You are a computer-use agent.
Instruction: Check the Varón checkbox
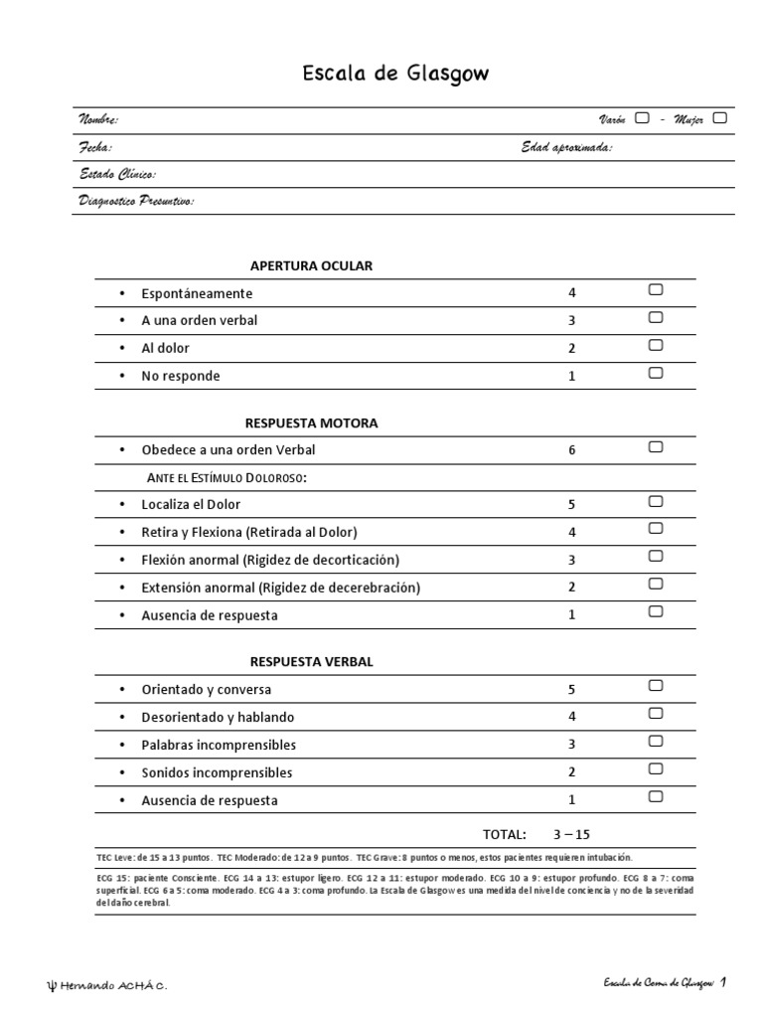tap(642, 118)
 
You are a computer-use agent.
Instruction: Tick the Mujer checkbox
tap(719, 118)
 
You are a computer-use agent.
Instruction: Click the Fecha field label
tap(95, 147)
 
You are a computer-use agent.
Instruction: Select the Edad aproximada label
tap(566, 147)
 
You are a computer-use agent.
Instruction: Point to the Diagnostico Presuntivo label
tap(136, 202)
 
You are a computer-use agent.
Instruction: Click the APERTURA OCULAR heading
tap(311, 265)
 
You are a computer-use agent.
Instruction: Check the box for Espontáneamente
tap(655, 290)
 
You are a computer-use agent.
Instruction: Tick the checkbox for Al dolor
tap(655, 345)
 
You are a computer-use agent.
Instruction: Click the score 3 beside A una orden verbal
tap(571, 321)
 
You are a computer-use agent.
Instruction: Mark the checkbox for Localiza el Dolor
tap(655, 501)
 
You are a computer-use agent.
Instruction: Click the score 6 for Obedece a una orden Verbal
tap(571, 450)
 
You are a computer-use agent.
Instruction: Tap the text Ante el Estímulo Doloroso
tap(227, 478)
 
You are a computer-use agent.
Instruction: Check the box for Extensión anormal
tap(655, 584)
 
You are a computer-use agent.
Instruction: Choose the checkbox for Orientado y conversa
tap(655, 686)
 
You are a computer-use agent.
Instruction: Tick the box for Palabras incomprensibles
tap(655, 741)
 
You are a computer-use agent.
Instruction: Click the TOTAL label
tap(504, 834)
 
